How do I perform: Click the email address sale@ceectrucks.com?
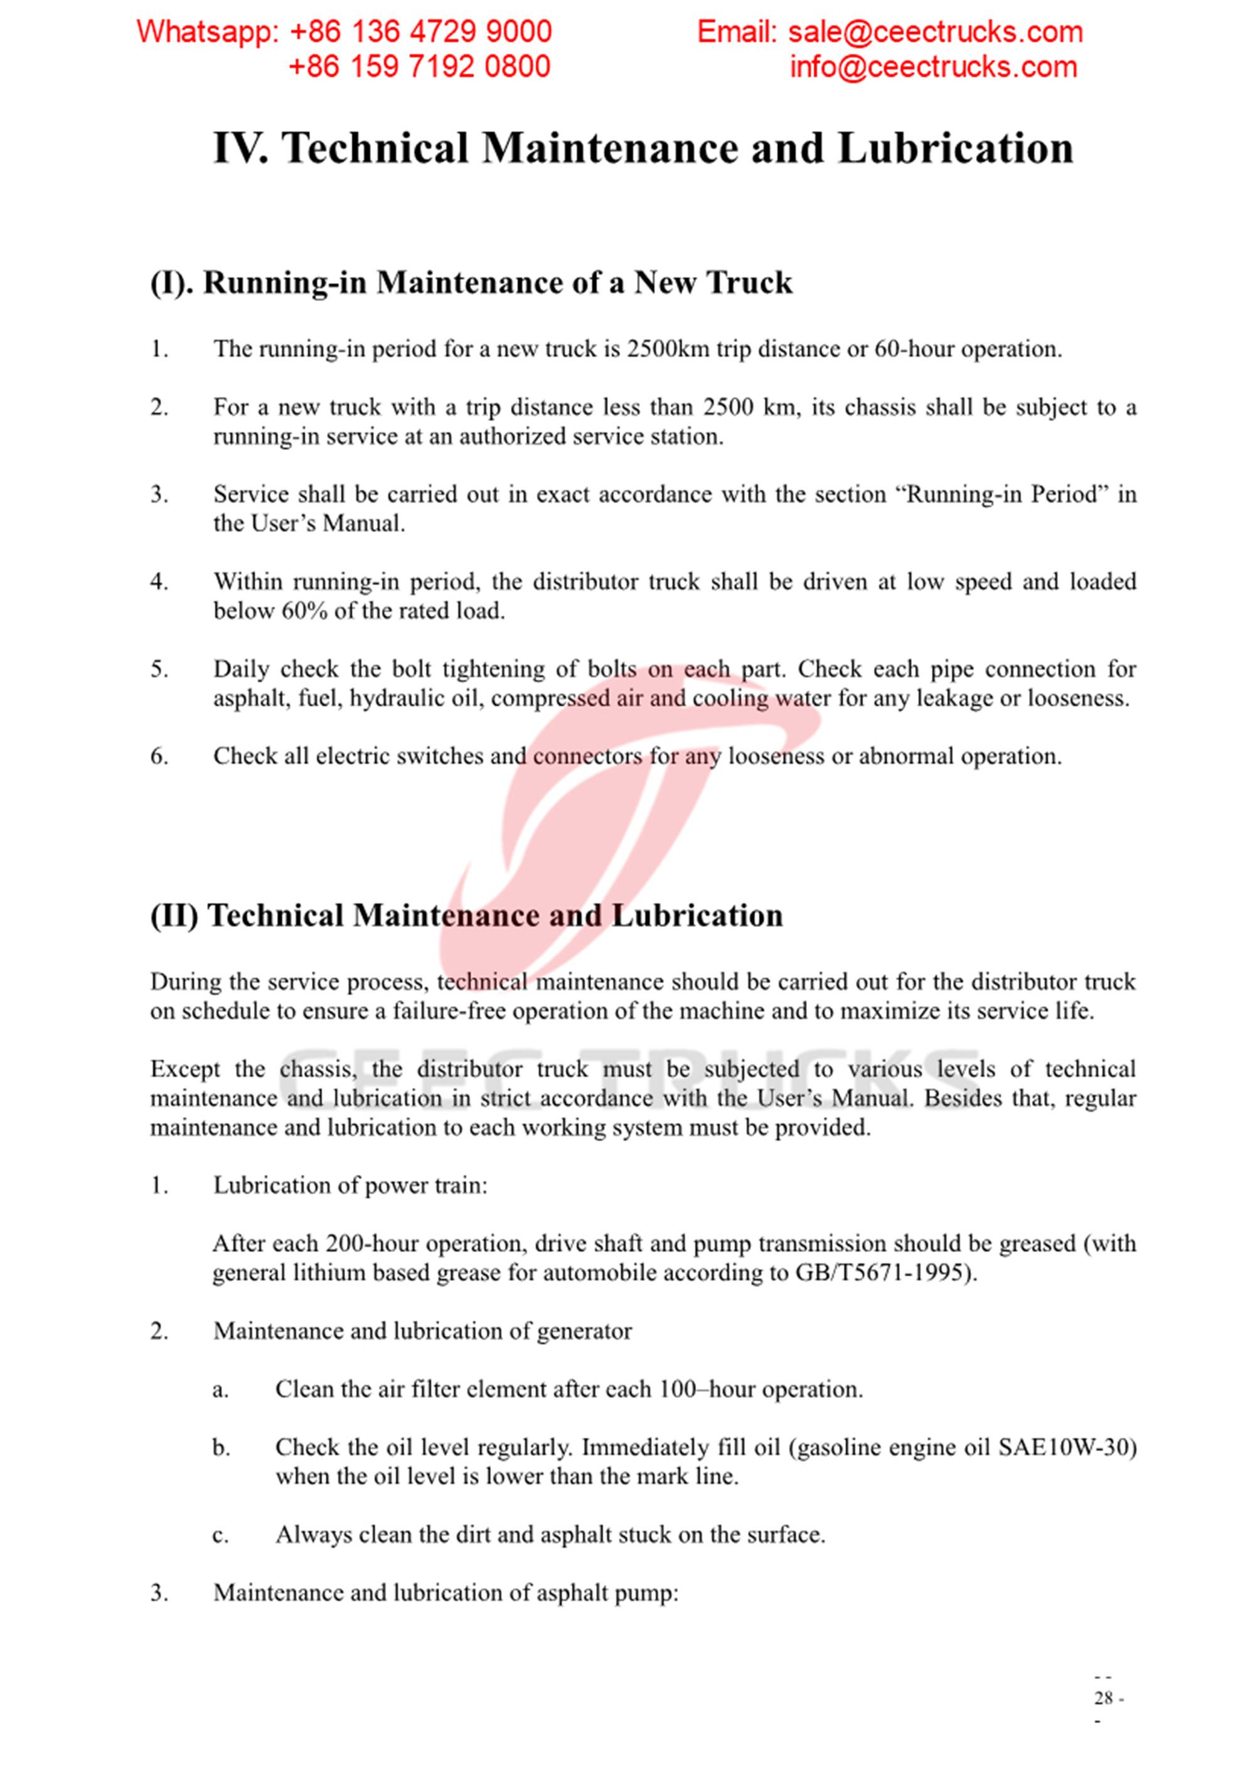click(x=935, y=32)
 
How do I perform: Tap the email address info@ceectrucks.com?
click(x=932, y=67)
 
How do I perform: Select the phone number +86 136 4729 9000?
click(x=420, y=32)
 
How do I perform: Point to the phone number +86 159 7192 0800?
click(x=419, y=67)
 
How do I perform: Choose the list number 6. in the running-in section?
click(x=159, y=756)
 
